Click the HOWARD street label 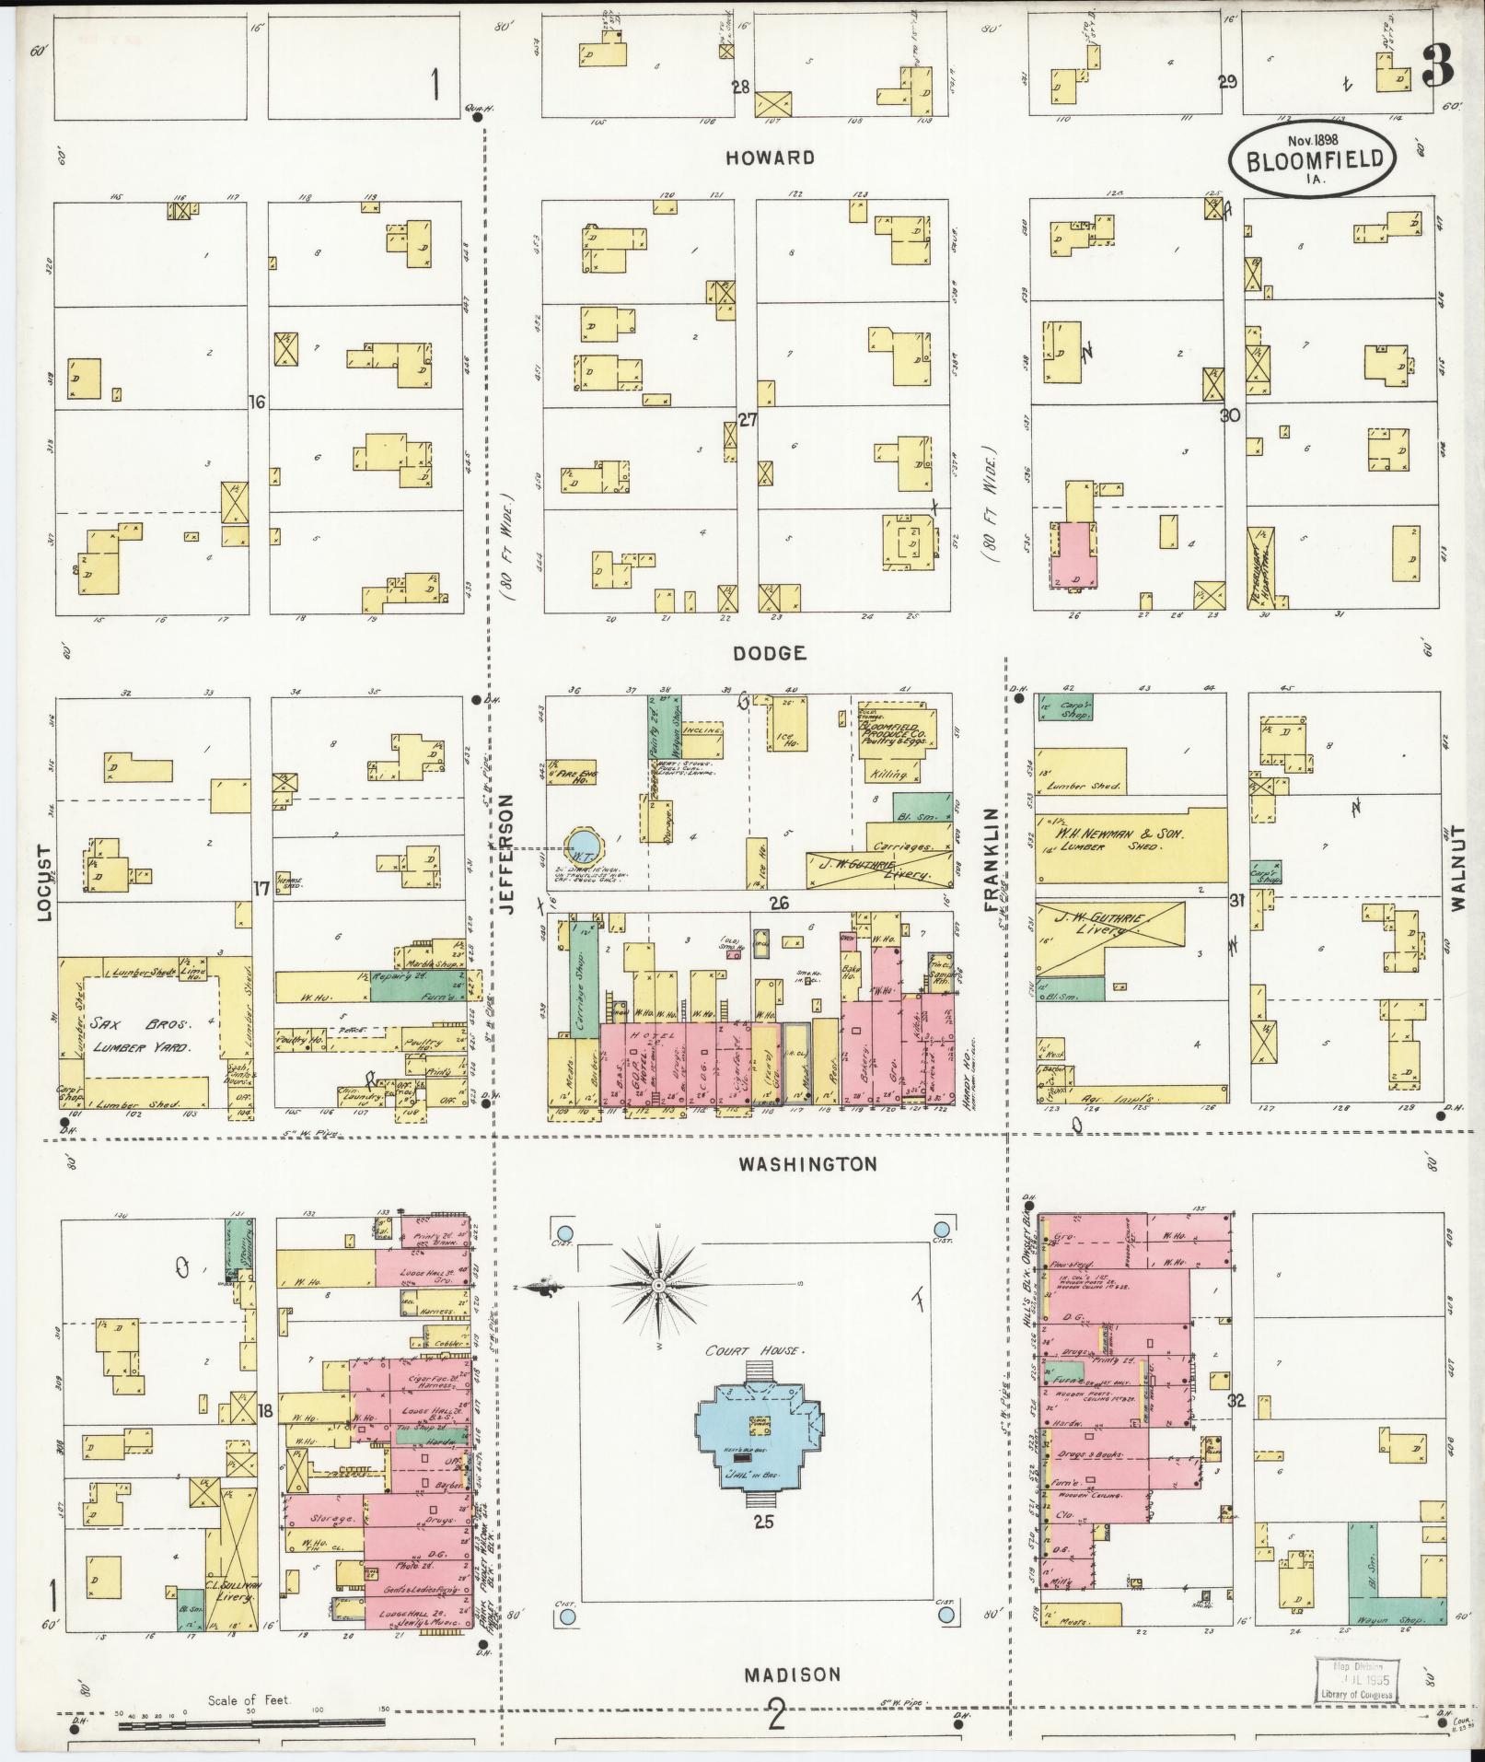(770, 158)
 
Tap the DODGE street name (770, 653)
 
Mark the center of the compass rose (659, 1285)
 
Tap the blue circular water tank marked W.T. (583, 844)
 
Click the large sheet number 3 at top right (1439, 64)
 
